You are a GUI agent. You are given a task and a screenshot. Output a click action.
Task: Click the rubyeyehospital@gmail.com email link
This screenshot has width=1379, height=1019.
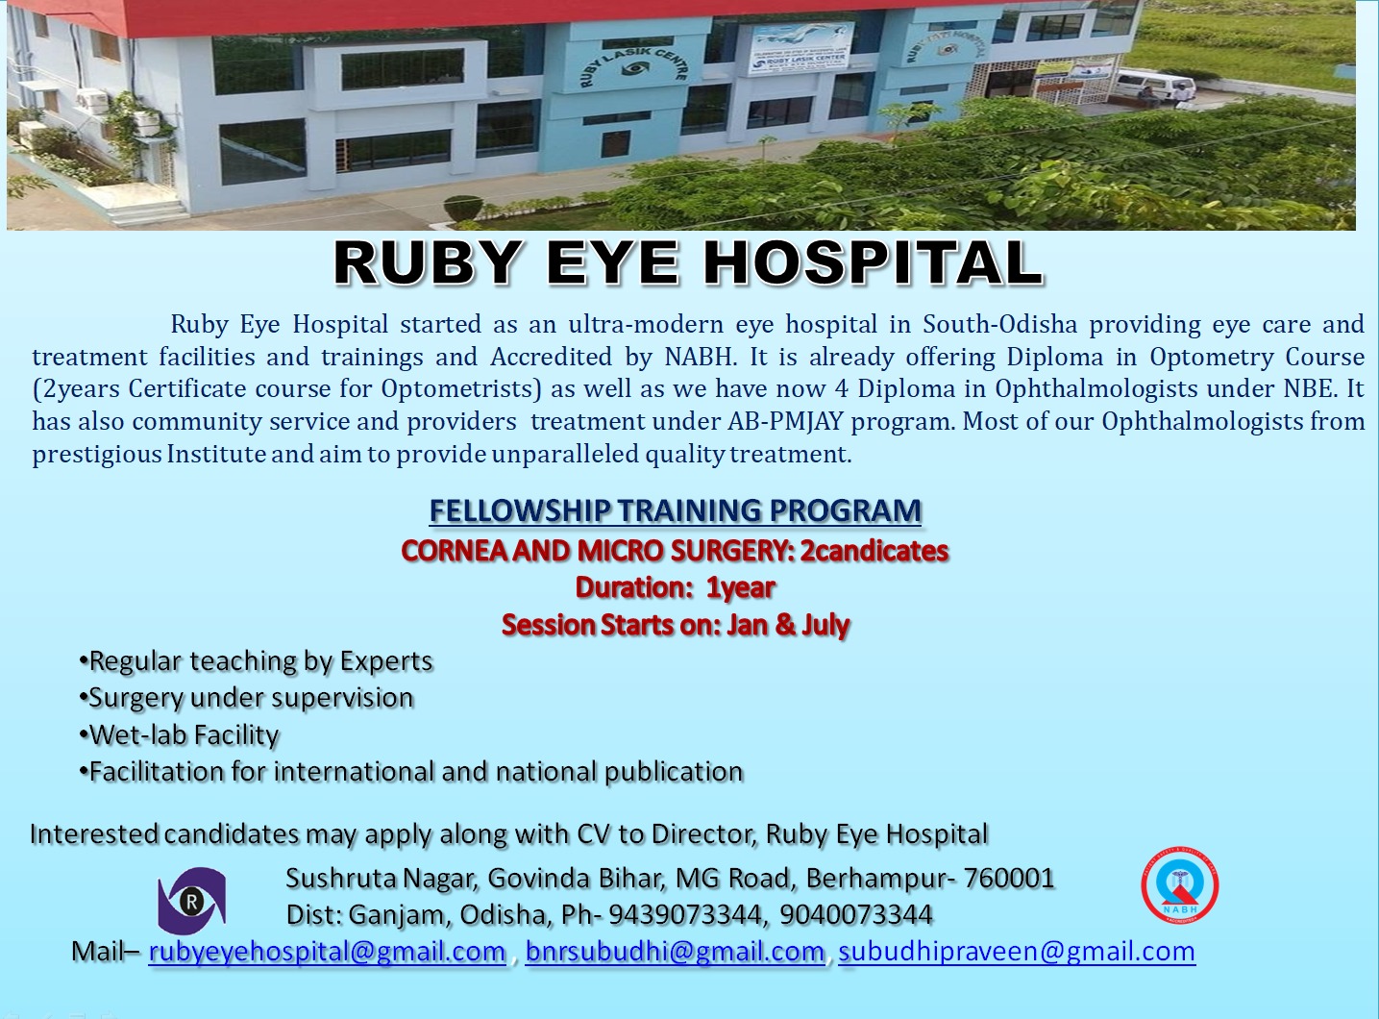327,952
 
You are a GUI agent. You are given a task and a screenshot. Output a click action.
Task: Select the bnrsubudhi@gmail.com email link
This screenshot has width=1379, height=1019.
676,952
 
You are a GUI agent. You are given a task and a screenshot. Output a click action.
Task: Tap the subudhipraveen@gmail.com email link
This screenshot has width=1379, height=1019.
1017,952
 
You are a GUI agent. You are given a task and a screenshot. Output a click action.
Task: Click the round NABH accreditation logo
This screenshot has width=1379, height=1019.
1179,885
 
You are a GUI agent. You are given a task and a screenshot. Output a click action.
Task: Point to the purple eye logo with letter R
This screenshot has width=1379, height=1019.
191,901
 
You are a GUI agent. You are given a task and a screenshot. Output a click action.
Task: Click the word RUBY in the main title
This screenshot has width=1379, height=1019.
427,263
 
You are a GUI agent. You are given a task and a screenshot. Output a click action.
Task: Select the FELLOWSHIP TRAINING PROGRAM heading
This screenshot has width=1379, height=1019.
676,510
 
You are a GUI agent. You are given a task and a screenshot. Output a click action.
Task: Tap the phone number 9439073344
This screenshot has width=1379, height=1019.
685,914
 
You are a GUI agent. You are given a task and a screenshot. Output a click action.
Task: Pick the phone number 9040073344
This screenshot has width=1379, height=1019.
856,914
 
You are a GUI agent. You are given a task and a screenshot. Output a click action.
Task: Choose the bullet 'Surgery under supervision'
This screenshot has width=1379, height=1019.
246,698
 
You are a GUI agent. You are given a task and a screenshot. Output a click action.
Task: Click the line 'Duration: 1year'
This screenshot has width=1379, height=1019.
676,588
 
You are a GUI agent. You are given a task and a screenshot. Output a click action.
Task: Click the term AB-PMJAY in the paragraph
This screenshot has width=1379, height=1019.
785,422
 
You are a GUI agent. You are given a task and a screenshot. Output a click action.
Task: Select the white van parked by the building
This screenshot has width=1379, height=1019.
1154,86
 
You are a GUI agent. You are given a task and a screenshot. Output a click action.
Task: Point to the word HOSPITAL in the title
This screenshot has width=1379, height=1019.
873,263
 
